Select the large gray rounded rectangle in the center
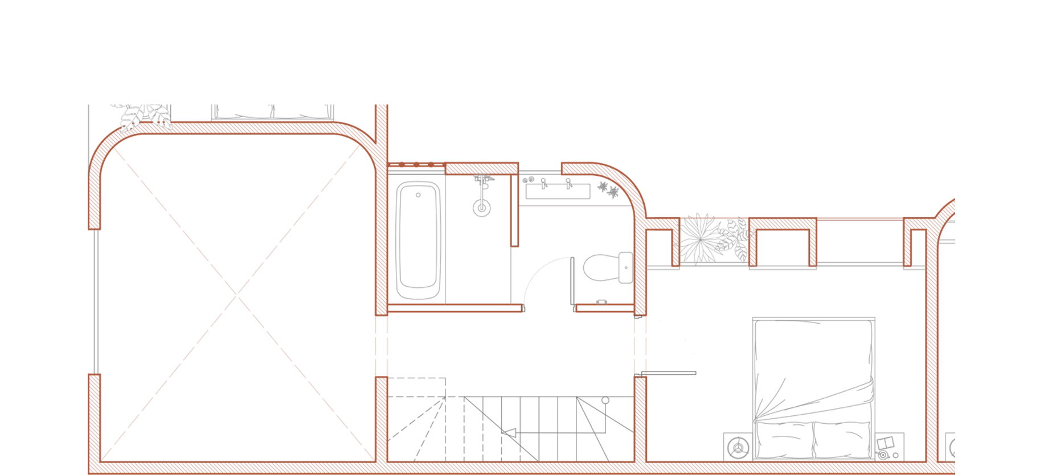tap(450, 239)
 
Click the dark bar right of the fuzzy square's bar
tap(860, 266)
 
